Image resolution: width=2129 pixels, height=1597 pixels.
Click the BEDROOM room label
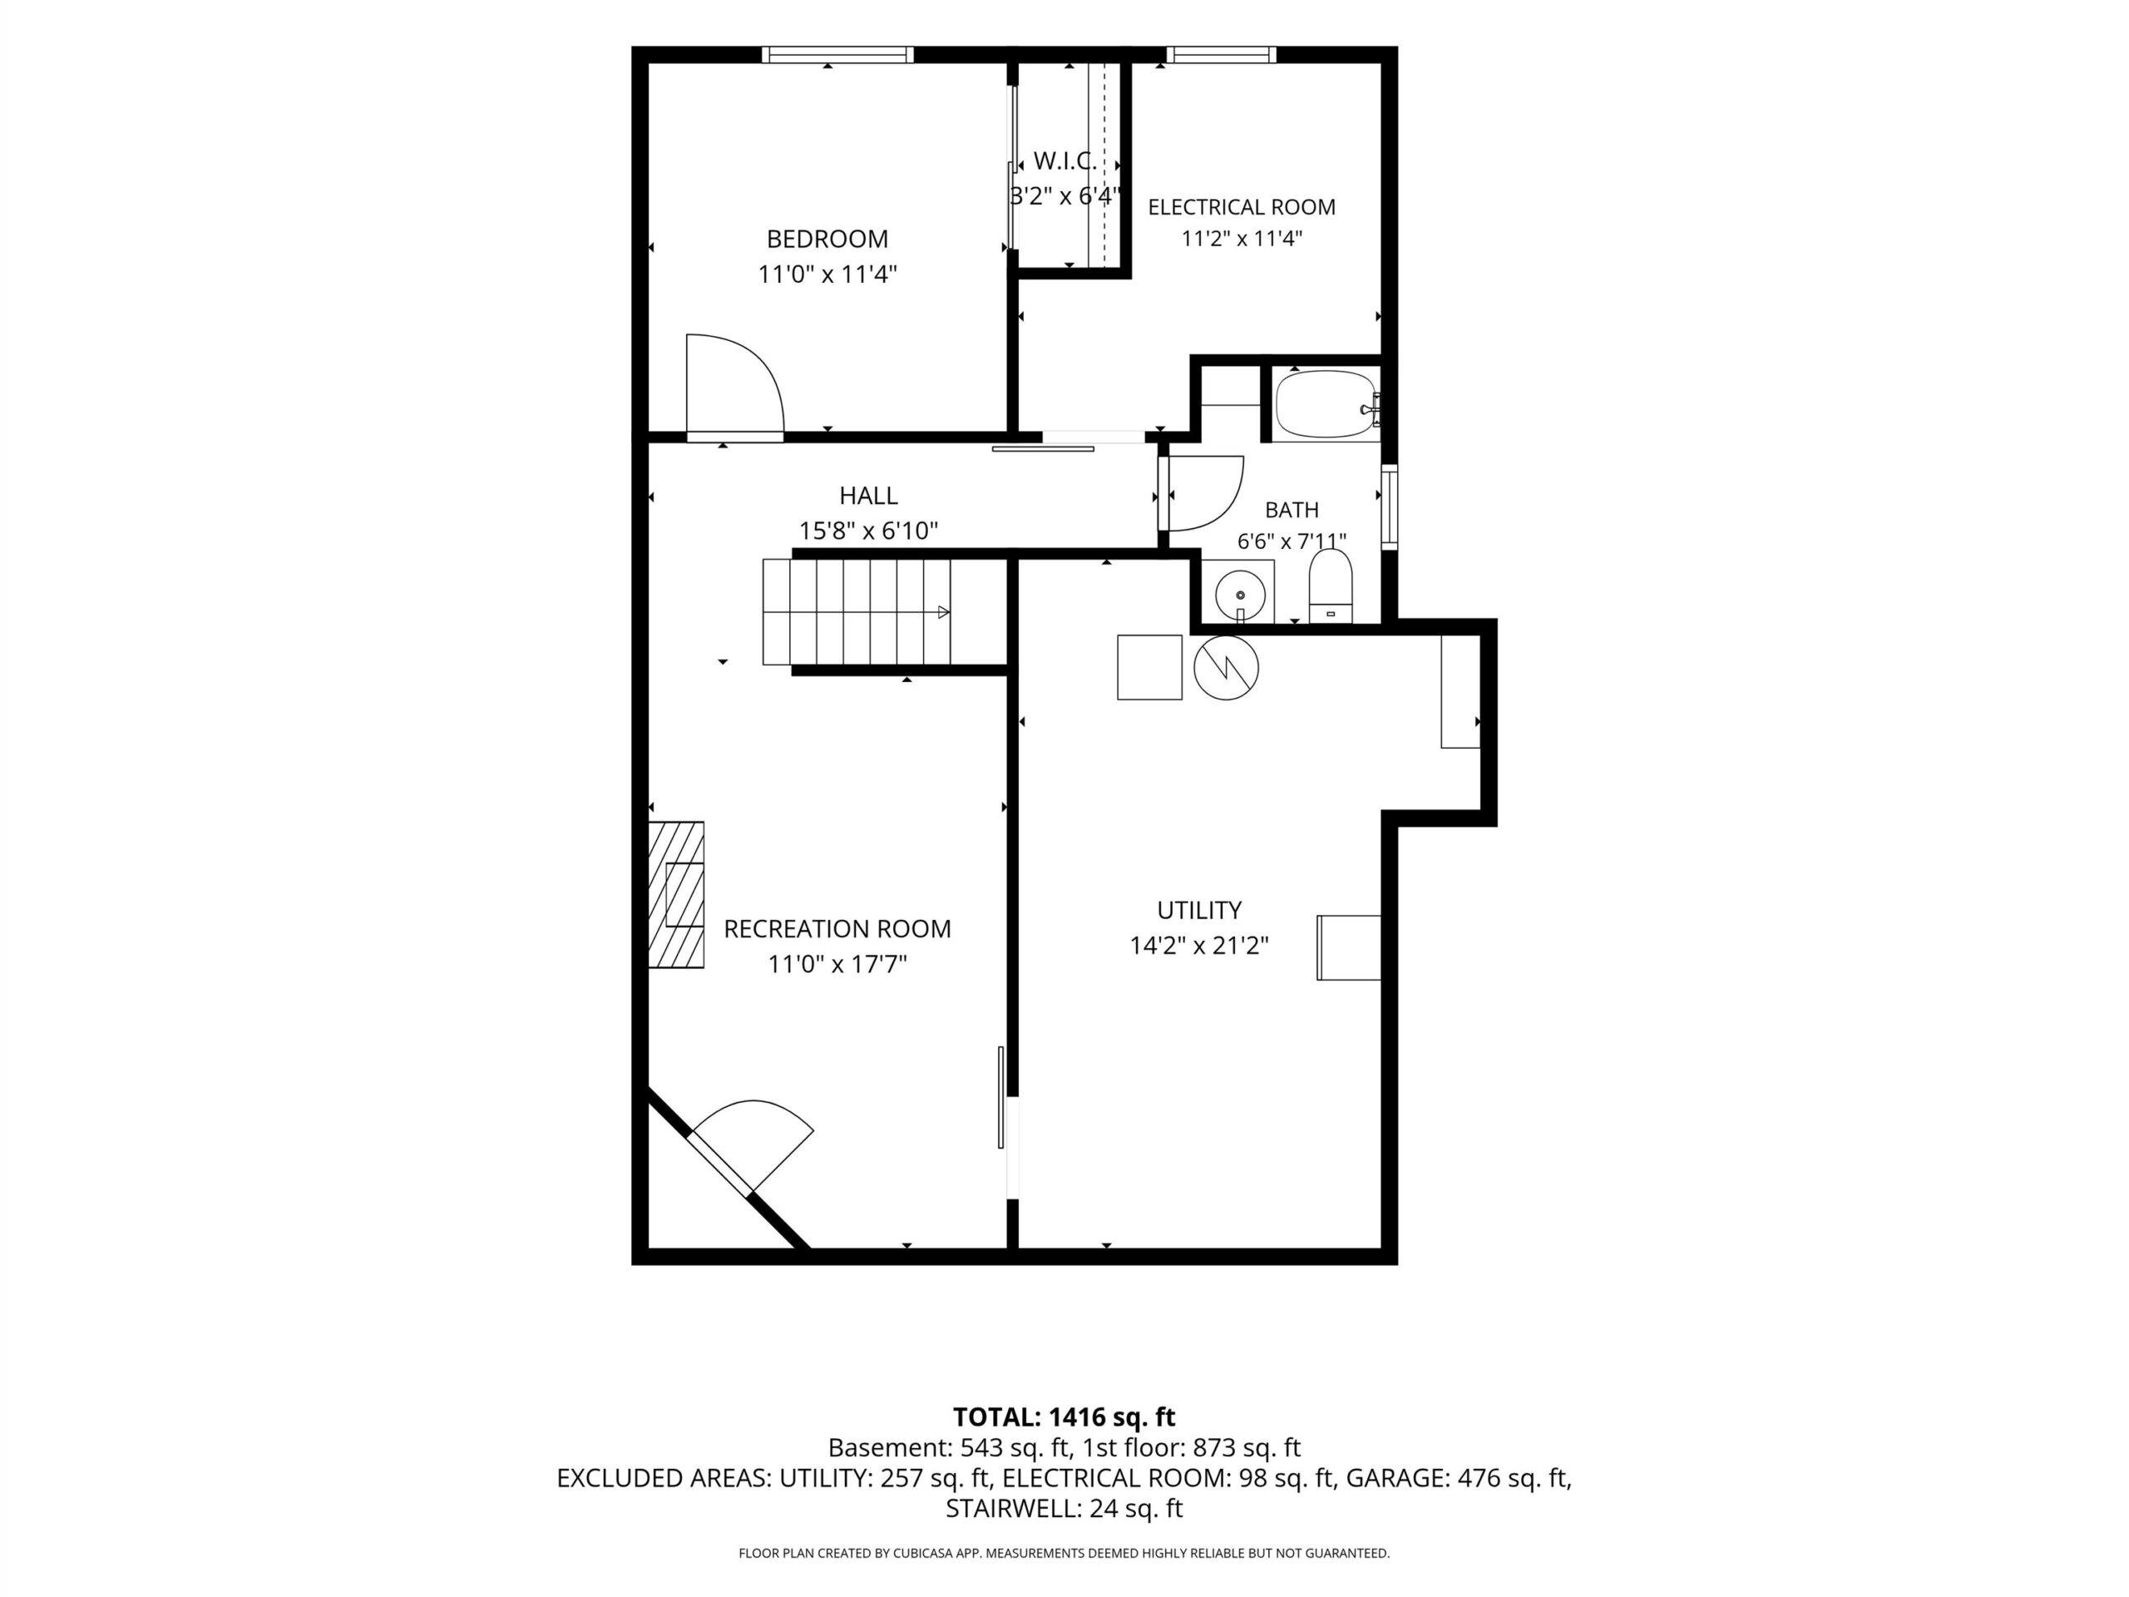tap(827, 239)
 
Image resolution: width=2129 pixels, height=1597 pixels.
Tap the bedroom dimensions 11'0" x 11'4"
tap(827, 274)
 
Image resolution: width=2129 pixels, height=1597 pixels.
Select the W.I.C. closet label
tap(1064, 161)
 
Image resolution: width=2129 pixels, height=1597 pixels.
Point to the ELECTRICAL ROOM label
tap(1242, 207)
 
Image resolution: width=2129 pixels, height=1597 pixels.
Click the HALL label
tap(868, 496)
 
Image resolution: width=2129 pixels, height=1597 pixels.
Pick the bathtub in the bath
tap(1326, 404)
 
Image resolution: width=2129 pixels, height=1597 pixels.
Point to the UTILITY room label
tap(1198, 910)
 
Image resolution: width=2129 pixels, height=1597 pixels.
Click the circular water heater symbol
tap(1225, 667)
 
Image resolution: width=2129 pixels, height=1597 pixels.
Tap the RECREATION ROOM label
tap(837, 929)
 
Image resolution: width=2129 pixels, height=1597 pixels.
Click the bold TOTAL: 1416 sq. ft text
tap(1064, 1417)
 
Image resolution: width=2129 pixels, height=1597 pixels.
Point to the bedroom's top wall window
tap(837, 55)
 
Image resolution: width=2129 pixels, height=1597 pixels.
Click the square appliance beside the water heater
tap(1149, 667)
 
